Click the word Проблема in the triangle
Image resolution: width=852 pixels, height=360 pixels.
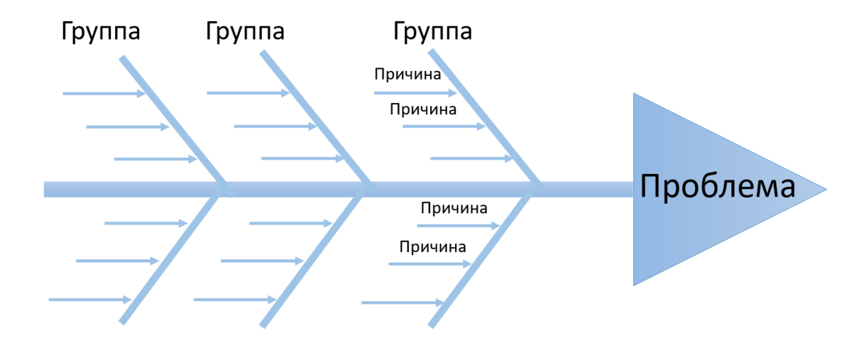pyautogui.click(x=717, y=188)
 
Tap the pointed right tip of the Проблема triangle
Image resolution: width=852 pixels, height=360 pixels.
pyautogui.click(x=825, y=190)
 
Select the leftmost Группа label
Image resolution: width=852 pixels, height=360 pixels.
pyautogui.click(x=100, y=32)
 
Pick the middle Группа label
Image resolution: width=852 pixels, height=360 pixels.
pyautogui.click(x=245, y=32)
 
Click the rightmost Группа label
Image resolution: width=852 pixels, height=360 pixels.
pyautogui.click(x=432, y=32)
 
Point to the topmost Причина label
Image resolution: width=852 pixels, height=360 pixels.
pyautogui.click(x=408, y=74)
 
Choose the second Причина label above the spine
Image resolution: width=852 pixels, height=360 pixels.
pyautogui.click(x=423, y=109)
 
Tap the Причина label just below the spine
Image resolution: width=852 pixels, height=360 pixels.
pyautogui.click(x=454, y=209)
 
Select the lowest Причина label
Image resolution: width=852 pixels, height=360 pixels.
pyautogui.click(x=432, y=247)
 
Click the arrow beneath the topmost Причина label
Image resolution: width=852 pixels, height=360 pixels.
pyautogui.click(x=415, y=92)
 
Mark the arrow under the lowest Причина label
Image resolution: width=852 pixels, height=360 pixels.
pyautogui.click(x=430, y=264)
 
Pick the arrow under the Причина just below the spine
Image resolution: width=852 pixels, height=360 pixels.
pyautogui.click(x=458, y=226)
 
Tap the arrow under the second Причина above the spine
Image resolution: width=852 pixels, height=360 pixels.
pyautogui.click(x=443, y=126)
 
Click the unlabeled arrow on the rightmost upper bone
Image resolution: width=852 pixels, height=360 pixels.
pyautogui.click(x=472, y=158)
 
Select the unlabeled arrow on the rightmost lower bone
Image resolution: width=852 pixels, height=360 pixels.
pyautogui.click(x=402, y=303)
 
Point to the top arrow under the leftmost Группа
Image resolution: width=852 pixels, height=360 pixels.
pyautogui.click(x=104, y=93)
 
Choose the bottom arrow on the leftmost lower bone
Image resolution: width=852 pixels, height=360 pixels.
pyautogui.click(x=89, y=300)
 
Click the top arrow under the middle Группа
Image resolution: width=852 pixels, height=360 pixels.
pyautogui.click(x=248, y=93)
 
